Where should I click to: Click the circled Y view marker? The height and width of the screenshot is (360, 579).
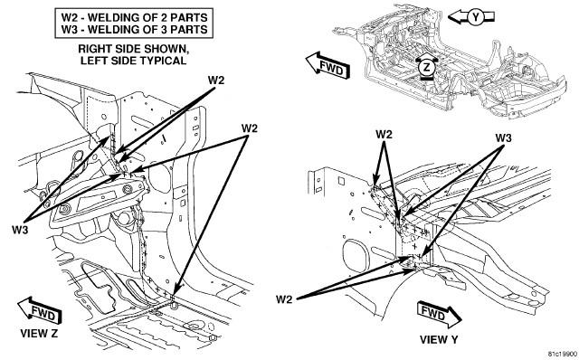tap(477, 17)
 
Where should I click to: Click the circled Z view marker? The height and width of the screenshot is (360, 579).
tap(427, 67)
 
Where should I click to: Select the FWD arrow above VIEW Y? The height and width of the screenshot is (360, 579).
tap(439, 314)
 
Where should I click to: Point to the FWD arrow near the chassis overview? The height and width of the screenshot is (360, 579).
tap(327, 66)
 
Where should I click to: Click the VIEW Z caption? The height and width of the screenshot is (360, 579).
tap(39, 334)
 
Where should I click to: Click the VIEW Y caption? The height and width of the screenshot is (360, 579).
tap(439, 339)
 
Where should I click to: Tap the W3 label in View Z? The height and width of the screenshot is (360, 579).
tap(20, 230)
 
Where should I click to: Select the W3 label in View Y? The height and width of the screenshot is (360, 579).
tap(504, 138)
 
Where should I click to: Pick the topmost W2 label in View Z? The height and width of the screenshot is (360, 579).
tap(216, 81)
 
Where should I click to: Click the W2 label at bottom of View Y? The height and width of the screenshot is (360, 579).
tap(284, 299)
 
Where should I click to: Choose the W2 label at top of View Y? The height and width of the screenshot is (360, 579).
tap(384, 135)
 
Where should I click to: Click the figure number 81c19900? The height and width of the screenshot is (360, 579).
tap(562, 354)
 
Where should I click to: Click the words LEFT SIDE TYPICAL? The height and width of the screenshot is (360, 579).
tap(134, 61)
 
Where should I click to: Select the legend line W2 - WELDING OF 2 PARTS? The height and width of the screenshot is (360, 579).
tap(134, 17)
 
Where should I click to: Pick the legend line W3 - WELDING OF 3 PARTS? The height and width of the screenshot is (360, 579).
tap(134, 29)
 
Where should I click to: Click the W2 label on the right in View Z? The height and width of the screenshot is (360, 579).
tap(250, 128)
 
